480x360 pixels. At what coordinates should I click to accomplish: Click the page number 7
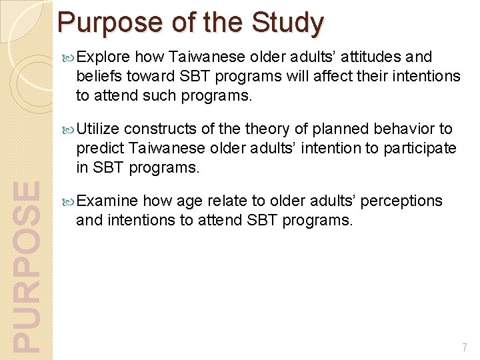[x=465, y=347]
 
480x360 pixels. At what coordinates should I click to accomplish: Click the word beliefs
[x=98, y=76]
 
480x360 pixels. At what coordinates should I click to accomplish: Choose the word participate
[x=419, y=147]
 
